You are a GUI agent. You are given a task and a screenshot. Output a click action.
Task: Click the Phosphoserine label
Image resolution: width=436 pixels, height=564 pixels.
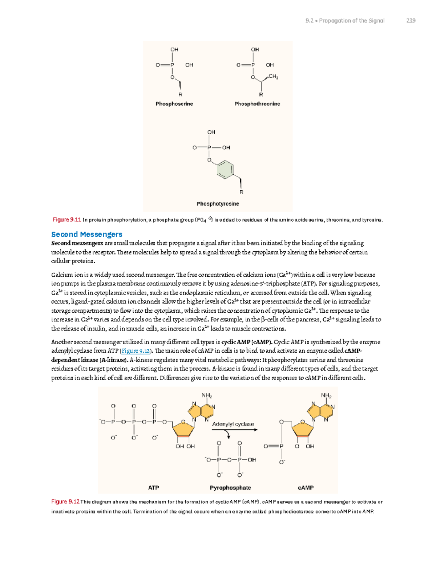174,104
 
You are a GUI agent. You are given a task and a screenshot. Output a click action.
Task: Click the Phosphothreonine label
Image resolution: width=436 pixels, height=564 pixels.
257,104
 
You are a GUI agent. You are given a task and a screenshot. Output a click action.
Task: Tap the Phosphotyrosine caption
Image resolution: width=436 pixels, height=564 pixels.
218,204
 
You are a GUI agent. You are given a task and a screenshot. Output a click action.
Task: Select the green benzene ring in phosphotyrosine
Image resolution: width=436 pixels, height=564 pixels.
225,169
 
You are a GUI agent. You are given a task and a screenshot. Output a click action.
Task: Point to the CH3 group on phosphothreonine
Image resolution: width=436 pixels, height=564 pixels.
273,77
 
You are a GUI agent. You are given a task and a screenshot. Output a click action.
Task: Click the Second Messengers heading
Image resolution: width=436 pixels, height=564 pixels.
86,234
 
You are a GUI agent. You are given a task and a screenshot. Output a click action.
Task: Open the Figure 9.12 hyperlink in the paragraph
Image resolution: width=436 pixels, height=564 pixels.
136,351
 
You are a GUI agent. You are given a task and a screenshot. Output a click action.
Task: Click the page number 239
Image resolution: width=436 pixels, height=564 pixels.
411,21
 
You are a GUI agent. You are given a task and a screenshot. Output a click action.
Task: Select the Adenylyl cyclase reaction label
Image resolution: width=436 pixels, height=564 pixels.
233,424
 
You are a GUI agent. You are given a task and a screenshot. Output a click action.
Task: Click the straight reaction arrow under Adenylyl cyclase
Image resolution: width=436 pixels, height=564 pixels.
234,430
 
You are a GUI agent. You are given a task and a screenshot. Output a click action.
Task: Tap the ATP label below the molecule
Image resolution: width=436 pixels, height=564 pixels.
153,488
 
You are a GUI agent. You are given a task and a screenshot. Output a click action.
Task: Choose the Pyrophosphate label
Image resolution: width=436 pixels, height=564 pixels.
230,488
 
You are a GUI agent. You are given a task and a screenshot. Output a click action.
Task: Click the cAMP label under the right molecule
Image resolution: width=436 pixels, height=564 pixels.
306,488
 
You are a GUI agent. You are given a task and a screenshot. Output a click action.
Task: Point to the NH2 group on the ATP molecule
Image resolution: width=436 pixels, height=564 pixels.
207,395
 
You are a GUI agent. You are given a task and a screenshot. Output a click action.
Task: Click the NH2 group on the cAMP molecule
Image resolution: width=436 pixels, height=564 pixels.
326,395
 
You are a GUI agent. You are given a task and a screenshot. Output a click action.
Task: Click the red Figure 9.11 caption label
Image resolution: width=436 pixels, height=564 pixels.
66,220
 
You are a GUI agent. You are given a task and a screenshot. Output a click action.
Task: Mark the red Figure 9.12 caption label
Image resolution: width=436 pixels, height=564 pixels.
65,502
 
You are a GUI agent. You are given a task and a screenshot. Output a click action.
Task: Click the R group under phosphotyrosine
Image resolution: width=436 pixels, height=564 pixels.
241,192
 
